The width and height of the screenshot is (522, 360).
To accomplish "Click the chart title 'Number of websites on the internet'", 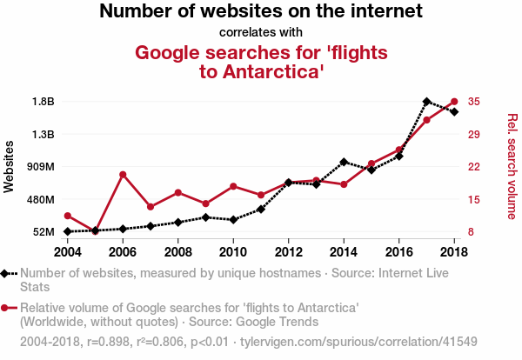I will click(x=261, y=12).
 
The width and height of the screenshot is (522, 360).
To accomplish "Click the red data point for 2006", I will click(x=123, y=175).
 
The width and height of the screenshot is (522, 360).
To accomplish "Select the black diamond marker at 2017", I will click(x=426, y=102).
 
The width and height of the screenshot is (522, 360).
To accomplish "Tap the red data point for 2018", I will click(x=454, y=102).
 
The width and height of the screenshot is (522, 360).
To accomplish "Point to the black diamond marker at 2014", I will click(x=344, y=162).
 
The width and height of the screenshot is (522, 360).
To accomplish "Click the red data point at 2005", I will click(x=95, y=230).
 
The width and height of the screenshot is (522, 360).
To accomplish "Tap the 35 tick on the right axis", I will click(x=474, y=102).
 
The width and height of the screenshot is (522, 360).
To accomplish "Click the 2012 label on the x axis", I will click(x=289, y=251).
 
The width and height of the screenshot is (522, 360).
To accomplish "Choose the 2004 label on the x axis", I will click(x=68, y=251).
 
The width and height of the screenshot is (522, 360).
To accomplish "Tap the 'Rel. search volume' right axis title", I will click(x=512, y=165).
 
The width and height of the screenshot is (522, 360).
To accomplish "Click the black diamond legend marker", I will click(x=7, y=274).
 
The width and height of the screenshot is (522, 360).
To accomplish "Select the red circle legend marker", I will click(x=7, y=308).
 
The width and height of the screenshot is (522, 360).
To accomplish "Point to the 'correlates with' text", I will click(x=261, y=33).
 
